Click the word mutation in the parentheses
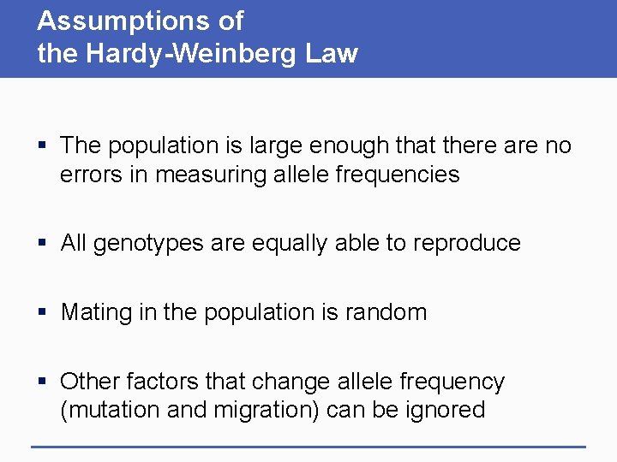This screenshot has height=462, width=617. (x=103, y=410)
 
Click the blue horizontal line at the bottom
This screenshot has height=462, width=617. (x=308, y=446)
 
